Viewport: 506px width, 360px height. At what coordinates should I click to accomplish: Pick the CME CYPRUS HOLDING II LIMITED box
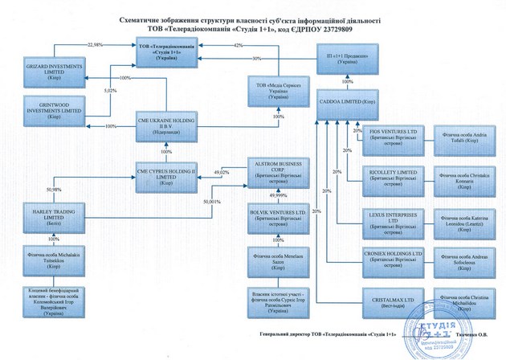pos(168,174)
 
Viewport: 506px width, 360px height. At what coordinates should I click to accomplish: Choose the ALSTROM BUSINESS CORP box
pos(277,173)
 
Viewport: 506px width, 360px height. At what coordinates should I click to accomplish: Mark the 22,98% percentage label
pos(96,44)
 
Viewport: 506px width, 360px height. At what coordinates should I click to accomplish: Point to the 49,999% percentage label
pos(278,195)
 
